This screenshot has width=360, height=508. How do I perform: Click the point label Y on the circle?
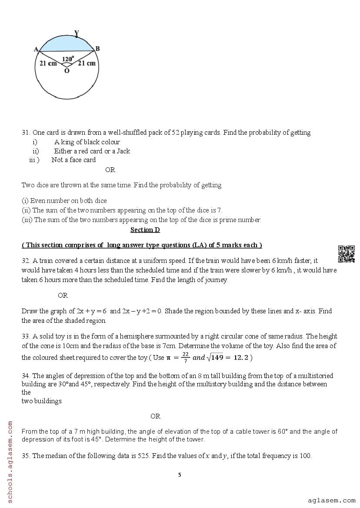(77, 33)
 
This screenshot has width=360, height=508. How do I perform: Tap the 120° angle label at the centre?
(67, 59)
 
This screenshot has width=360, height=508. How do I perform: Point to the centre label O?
(67, 71)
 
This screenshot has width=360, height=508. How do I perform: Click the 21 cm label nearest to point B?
(87, 63)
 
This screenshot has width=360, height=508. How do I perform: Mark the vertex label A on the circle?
(36, 49)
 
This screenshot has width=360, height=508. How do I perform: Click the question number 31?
(26, 133)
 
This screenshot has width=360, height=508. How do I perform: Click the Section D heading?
(145, 230)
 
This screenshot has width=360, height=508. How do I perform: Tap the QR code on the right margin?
(347, 254)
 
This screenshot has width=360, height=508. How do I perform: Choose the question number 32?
(26, 261)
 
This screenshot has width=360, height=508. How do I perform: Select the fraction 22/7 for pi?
(185, 357)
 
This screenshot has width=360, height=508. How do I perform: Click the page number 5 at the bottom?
(180, 475)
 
